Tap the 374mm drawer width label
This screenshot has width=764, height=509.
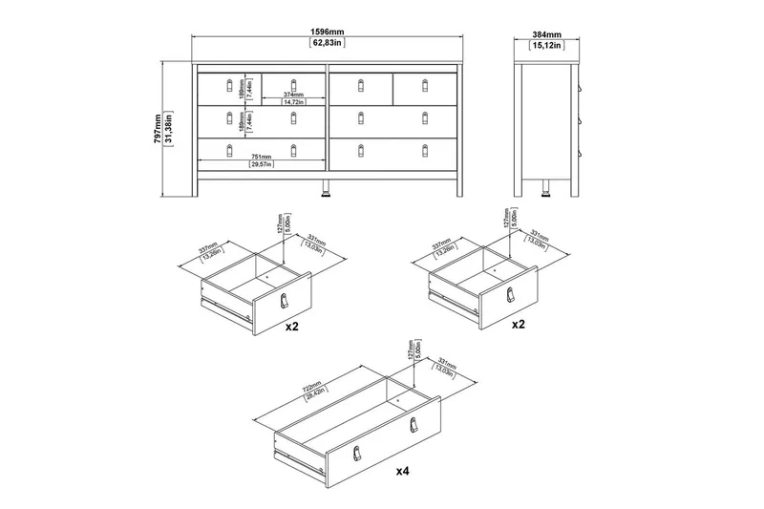click(292, 95)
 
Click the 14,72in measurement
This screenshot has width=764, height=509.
click(292, 102)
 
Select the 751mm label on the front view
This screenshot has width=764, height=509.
click(261, 157)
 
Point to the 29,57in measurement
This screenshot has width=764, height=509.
click(261, 165)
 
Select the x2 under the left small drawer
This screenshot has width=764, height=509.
click(293, 325)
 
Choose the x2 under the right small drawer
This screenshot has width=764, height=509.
click(518, 325)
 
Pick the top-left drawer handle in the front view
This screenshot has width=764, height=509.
click(229, 87)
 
